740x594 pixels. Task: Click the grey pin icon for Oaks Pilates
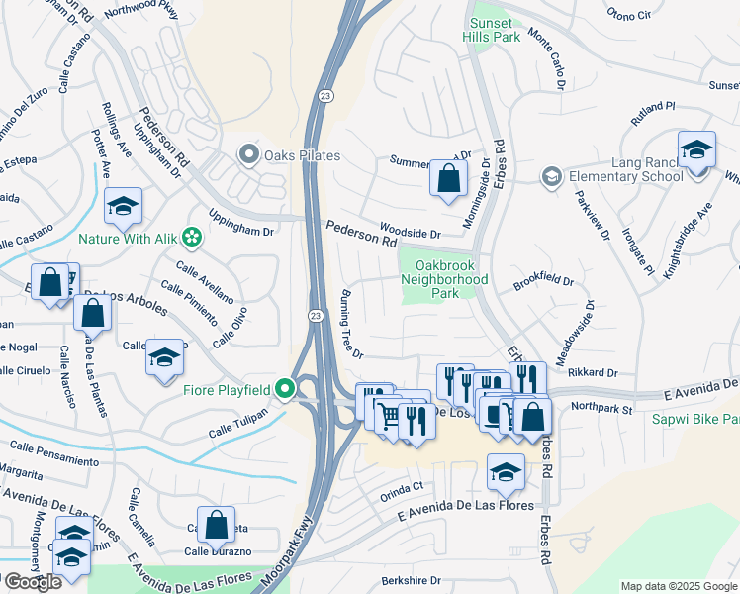(247, 154)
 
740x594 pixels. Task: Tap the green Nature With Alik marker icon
(193, 237)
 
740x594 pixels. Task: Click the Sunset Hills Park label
(492, 29)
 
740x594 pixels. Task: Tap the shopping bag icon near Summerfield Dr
(448, 179)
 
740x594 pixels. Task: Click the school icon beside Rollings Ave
(124, 206)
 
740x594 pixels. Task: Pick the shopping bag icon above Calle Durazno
(215, 525)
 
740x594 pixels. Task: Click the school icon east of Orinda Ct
(506, 473)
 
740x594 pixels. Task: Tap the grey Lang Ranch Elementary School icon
(551, 176)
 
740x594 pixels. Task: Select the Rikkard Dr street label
(593, 373)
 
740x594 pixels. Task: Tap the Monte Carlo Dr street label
(546, 57)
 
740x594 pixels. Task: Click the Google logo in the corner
(32, 582)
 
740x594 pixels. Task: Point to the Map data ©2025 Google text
(678, 586)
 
